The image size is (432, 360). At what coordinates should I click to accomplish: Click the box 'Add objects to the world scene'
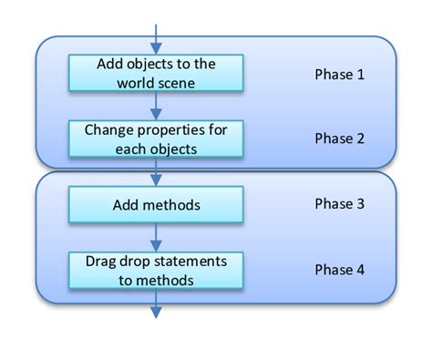[x=157, y=73]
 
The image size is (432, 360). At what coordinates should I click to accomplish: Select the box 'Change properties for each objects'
[x=157, y=139]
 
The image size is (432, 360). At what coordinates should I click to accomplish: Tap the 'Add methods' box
[x=157, y=204]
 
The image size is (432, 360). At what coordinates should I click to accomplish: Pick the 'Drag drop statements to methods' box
[x=157, y=270]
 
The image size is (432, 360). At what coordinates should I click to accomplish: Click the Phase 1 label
[x=339, y=74]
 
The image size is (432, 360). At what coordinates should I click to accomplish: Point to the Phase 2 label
[x=339, y=139]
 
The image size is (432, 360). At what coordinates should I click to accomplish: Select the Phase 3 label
[x=339, y=204]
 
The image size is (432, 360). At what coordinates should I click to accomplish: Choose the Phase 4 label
[x=339, y=270]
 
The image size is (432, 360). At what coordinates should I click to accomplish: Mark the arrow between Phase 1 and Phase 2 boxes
[x=157, y=106]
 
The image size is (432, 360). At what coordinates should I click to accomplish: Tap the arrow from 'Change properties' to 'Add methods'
[x=157, y=171]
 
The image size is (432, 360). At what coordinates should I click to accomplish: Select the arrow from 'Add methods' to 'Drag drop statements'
[x=157, y=237]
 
